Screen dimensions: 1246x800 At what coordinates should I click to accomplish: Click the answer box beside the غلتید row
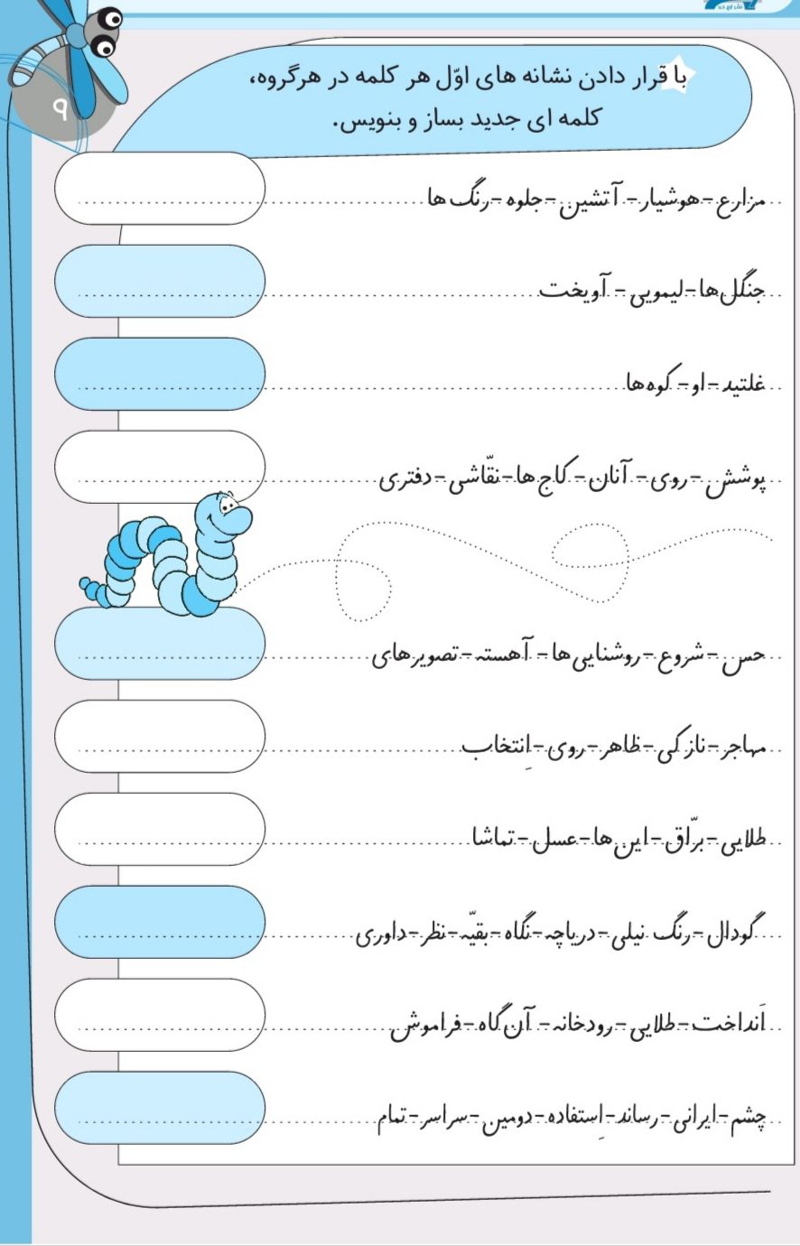(x=160, y=374)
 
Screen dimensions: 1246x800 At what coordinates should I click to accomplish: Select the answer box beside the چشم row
(x=160, y=1108)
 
